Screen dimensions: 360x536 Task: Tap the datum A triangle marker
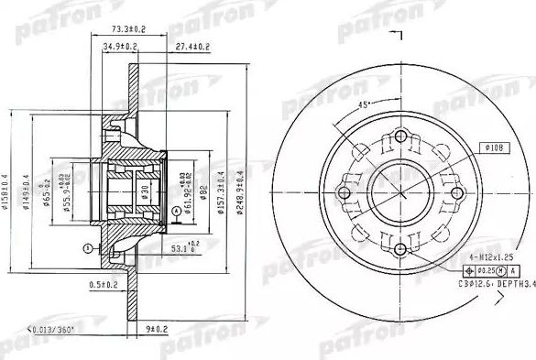(174, 212)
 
